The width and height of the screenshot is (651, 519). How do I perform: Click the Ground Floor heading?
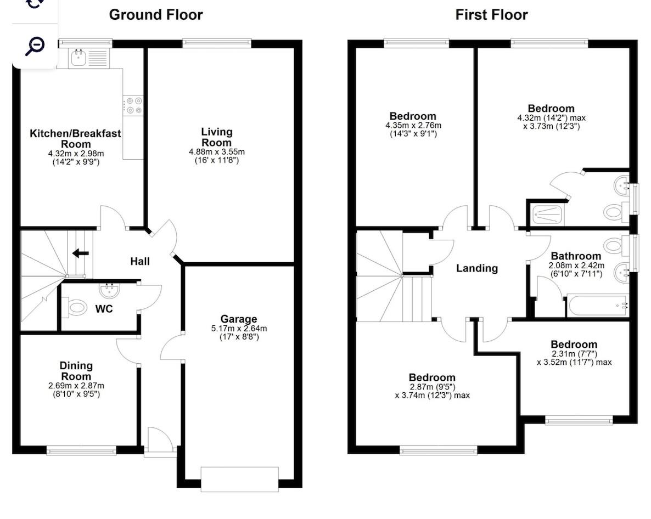[x=156, y=14]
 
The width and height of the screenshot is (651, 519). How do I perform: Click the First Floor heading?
[x=491, y=14]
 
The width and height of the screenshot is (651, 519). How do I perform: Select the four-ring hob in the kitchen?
[x=133, y=105]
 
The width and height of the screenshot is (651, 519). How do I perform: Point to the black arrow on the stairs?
[x=81, y=253]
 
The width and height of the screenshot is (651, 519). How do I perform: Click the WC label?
[x=104, y=309]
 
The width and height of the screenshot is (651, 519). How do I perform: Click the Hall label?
[x=140, y=262]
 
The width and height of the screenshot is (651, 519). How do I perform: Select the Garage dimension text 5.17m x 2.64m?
[x=239, y=329]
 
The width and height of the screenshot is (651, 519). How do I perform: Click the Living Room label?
[x=216, y=137]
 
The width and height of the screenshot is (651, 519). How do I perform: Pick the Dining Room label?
[x=76, y=371]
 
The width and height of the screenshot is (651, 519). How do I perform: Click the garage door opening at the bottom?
[x=240, y=478]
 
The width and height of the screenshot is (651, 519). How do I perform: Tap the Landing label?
[x=477, y=268]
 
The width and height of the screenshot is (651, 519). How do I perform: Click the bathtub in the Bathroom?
[x=597, y=306]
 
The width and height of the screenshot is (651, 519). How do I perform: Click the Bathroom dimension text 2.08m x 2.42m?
[x=576, y=266]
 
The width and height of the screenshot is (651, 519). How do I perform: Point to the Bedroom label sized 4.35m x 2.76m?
[x=413, y=116]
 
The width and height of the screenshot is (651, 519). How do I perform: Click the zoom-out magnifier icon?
[x=35, y=46]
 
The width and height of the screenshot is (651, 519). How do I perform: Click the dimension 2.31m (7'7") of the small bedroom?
[x=574, y=354]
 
